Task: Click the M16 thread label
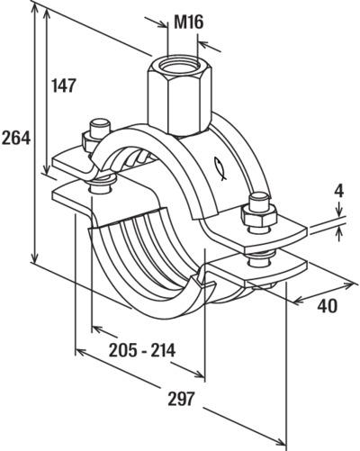(189, 23)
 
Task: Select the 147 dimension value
(63, 86)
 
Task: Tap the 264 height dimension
(15, 139)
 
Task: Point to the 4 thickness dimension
(339, 192)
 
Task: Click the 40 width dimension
(328, 306)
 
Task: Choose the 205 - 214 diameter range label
(142, 350)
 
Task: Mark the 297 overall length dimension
(182, 399)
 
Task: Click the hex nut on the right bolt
(259, 215)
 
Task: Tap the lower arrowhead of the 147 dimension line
(46, 170)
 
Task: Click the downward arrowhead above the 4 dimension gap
(339, 212)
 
